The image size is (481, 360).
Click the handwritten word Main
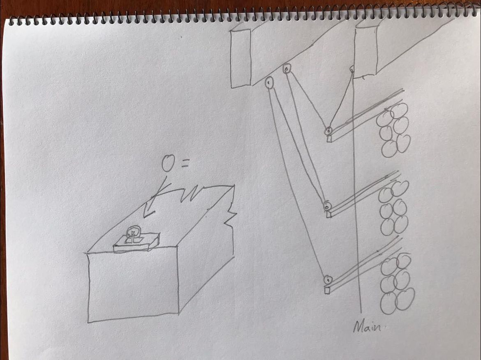tap(367, 327)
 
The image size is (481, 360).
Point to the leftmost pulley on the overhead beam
tap(269, 83)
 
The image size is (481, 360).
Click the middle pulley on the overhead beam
tap(287, 69)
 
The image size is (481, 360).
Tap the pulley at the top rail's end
tap(328, 131)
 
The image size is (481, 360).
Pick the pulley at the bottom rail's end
tap(328, 280)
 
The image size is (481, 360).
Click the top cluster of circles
tap(393, 130)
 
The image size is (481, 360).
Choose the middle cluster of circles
tap(394, 208)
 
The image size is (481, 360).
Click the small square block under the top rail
tap(329, 139)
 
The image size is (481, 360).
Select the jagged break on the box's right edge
tap(230, 216)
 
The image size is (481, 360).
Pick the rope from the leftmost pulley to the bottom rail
tap(296, 181)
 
